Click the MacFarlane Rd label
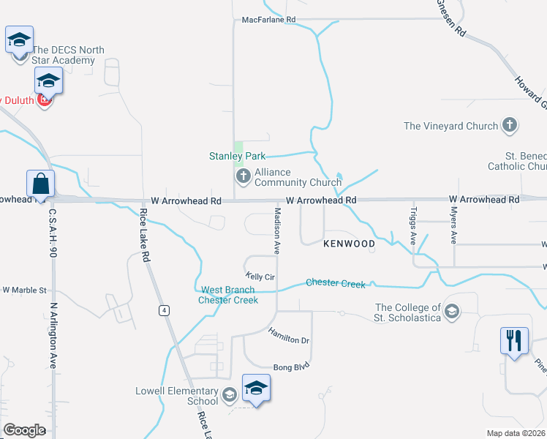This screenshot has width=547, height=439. (268, 20)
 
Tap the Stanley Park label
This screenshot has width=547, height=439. (237, 156)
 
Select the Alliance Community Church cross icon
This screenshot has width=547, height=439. (243, 176)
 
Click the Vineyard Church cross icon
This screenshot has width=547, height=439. (510, 126)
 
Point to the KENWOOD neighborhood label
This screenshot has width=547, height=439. (349, 244)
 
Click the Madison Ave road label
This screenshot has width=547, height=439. (277, 230)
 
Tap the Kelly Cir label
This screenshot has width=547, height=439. (260, 277)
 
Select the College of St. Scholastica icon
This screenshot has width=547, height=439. (452, 312)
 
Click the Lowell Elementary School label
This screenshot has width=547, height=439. (176, 396)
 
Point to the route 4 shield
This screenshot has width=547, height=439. (165, 310)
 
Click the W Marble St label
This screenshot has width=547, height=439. (25, 290)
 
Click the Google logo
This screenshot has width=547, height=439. (24, 429)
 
